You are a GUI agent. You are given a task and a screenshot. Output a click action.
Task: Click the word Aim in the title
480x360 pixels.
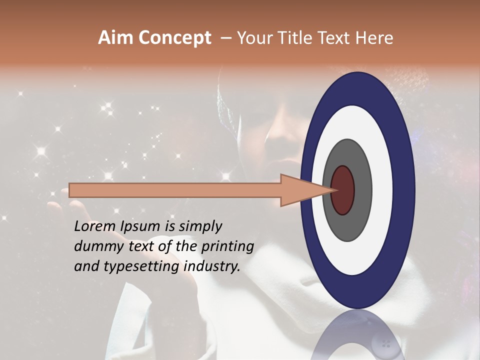tap(114, 38)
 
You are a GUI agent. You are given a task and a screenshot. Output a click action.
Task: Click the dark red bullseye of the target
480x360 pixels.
tap(343, 190)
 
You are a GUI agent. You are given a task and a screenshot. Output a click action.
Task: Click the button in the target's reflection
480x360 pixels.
tap(385, 343)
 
